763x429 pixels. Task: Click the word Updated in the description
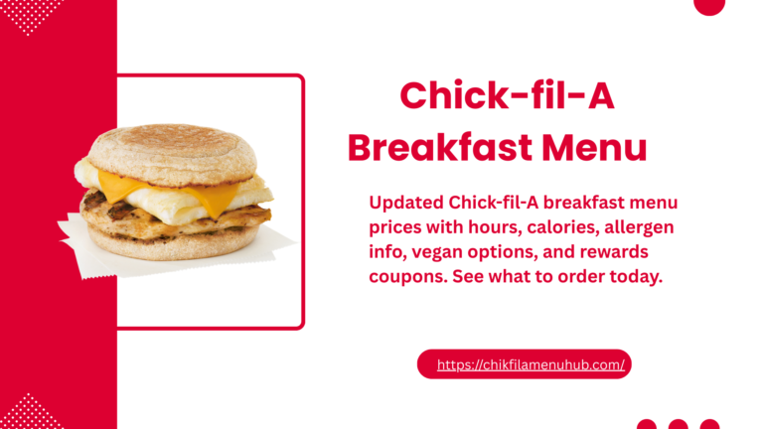pos(408,203)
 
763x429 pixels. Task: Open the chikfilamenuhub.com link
pos(531,364)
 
